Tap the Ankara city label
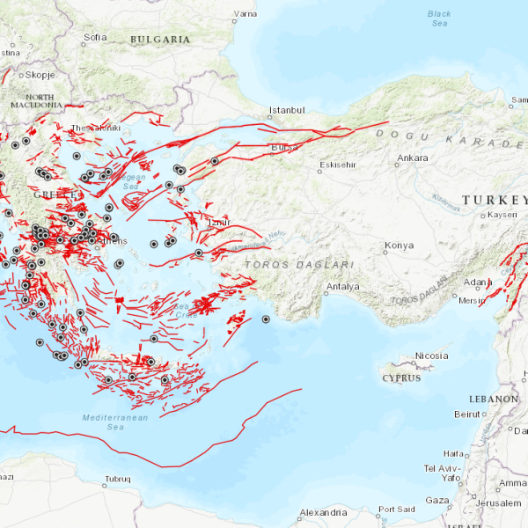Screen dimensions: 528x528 point(413,158)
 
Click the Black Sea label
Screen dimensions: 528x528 point(438,18)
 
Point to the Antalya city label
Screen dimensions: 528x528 point(343,287)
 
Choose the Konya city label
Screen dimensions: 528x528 point(400,245)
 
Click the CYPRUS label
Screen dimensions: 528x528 point(401,378)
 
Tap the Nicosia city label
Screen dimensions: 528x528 point(431,356)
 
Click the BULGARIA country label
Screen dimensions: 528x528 point(160,40)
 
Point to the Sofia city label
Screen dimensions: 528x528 point(94,37)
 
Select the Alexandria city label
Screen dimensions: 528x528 point(323,512)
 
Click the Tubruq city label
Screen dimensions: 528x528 point(117,480)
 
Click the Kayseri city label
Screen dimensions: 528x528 point(502,215)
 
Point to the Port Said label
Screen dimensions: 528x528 point(396,510)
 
